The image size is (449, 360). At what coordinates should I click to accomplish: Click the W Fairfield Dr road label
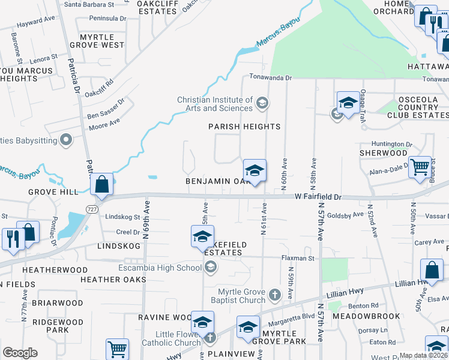(x=318, y=196)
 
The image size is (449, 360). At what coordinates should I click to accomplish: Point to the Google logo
(x=20, y=353)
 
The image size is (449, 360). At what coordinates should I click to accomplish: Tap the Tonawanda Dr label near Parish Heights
(x=270, y=78)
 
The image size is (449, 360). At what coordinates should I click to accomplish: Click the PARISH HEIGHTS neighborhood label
(x=244, y=127)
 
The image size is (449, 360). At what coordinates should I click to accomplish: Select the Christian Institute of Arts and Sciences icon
(x=261, y=103)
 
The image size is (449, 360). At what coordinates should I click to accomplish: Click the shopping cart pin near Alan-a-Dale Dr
(x=420, y=167)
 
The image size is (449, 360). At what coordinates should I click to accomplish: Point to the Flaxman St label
(x=298, y=259)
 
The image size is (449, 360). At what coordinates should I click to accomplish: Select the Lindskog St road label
(x=122, y=217)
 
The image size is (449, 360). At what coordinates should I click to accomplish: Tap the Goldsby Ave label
(x=346, y=214)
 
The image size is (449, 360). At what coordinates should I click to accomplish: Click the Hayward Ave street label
(x=36, y=22)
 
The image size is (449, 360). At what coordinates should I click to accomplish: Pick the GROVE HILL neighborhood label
(x=52, y=192)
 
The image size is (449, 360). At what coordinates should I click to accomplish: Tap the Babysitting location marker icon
(x=67, y=140)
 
